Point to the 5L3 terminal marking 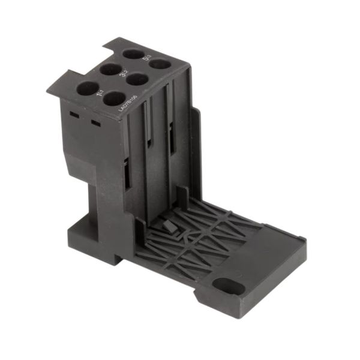coord(147,58)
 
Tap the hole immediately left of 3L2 coord(111,69)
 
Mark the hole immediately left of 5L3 coord(133,53)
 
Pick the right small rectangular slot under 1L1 coord(94,124)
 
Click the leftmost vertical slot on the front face coord(127,174)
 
